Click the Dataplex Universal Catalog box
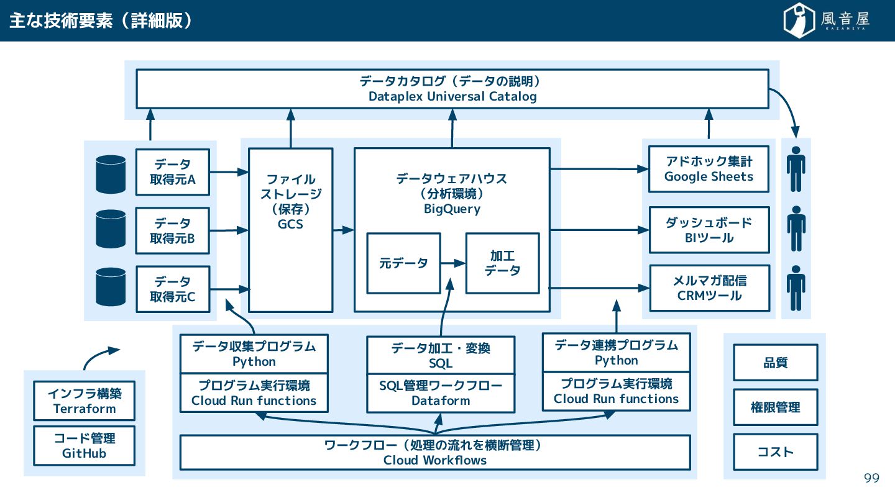[452, 89]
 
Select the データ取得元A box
[172, 172]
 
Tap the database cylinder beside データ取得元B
[111, 229]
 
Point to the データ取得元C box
[172, 289]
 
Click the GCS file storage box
[290, 230]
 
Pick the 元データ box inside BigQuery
[403, 263]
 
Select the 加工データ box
[502, 263]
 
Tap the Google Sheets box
[709, 169]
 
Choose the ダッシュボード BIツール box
[709, 230]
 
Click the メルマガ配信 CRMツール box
[709, 288]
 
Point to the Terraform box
[85, 401]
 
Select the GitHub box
[85, 446]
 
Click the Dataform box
[441, 394]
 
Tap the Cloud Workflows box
[434, 453]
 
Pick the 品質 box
[775, 363]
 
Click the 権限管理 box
[775, 407]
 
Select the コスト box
[775, 452]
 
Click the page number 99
[871, 478]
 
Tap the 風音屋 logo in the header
[827, 20]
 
